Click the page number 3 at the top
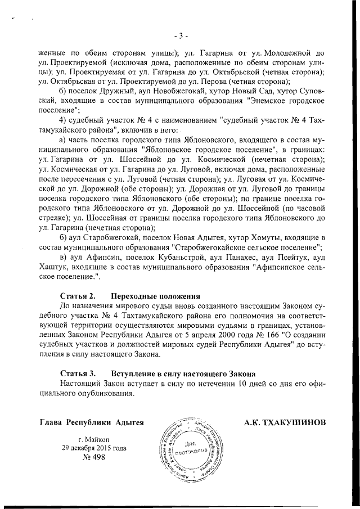(180, 37)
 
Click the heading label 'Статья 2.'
(78, 295)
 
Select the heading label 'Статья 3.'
(78, 373)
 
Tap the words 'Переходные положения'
(156, 295)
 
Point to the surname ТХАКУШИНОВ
(285, 422)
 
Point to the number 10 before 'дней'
(242, 384)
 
